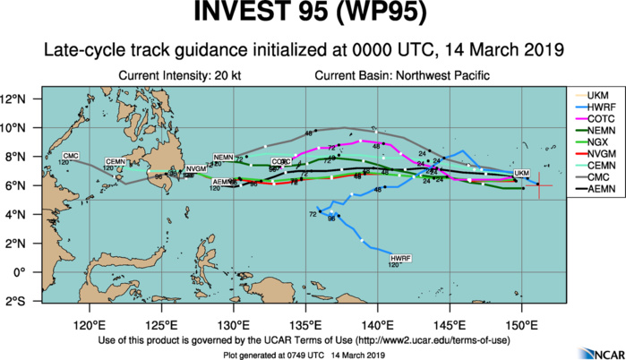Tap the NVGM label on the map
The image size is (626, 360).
click(195, 168)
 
